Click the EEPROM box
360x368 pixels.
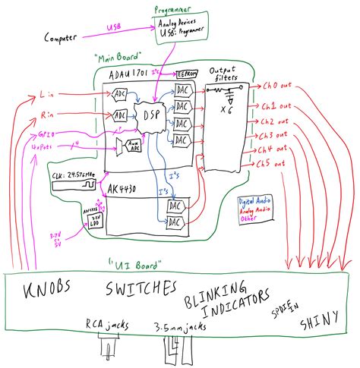[x=187, y=74]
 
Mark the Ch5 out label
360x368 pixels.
[x=270, y=163]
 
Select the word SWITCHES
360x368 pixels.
[x=141, y=290]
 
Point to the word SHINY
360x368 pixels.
[x=319, y=322]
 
